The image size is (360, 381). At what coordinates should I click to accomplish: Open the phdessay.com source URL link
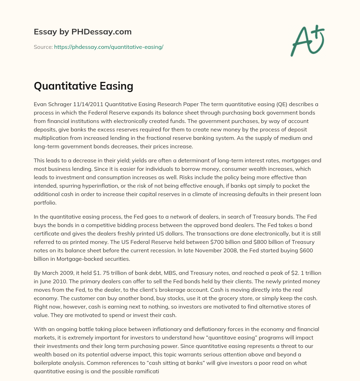pos(109,47)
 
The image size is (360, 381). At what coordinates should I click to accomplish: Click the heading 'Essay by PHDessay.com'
pos(83,32)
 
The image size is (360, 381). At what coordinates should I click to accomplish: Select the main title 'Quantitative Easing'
pos(83,85)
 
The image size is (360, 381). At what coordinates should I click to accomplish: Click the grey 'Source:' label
pos(43,47)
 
